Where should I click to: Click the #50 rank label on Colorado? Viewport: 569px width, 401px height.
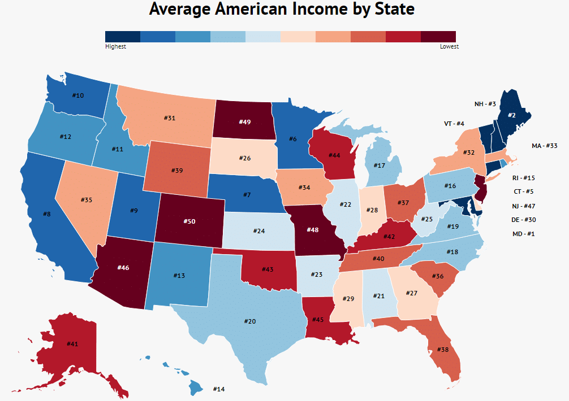click(x=189, y=221)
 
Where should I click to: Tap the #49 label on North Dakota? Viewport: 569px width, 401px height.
click(x=244, y=121)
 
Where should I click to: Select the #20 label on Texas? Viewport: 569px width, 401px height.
click(x=250, y=321)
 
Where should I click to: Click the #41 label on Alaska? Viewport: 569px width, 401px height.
click(x=72, y=343)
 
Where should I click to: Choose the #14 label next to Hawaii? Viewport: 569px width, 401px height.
click(x=219, y=389)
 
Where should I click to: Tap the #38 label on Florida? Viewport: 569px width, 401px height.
click(x=443, y=349)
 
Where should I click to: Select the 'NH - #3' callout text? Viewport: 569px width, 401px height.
click(x=485, y=104)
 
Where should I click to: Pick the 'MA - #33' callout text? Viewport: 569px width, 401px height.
click(x=545, y=146)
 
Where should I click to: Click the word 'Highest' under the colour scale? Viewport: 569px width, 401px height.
click(x=115, y=47)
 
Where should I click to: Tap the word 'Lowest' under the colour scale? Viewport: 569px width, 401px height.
click(x=449, y=47)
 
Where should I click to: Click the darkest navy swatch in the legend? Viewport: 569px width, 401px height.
click(x=123, y=37)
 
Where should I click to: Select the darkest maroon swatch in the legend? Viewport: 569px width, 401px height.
click(x=438, y=37)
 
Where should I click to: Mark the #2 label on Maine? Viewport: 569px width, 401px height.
click(x=511, y=115)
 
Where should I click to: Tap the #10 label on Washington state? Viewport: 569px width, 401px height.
click(x=78, y=95)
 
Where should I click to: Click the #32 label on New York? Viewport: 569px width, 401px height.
click(x=468, y=152)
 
